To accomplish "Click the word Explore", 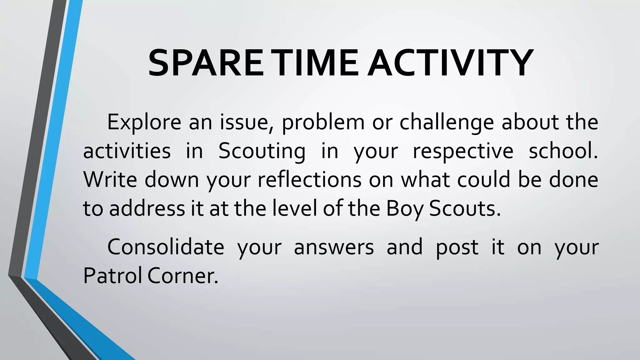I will click(x=144, y=122).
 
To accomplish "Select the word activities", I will click(x=127, y=151).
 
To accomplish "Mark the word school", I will click(x=563, y=151).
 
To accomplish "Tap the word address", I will click(x=147, y=208).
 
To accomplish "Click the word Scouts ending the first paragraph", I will click(x=465, y=208).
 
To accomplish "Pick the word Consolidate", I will click(x=166, y=247).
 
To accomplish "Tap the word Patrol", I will click(x=112, y=276).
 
